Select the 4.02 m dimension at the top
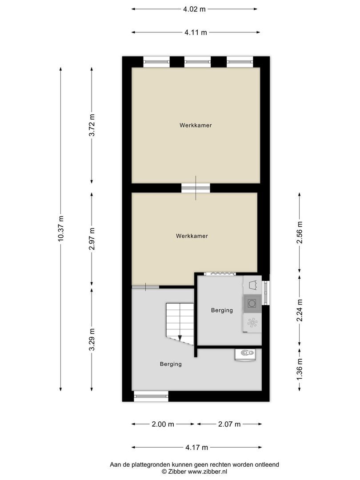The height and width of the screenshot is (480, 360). point(195,9)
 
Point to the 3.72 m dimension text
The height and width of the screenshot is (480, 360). point(92,125)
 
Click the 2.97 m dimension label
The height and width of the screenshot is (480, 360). point(92,239)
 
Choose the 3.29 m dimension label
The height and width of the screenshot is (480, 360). point(92,340)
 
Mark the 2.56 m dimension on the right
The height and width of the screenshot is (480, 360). point(300,232)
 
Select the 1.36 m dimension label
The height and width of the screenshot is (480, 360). point(300,369)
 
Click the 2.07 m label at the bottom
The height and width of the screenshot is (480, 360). point(229,424)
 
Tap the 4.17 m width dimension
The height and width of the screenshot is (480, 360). point(196,448)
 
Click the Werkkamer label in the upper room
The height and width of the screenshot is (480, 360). point(196,125)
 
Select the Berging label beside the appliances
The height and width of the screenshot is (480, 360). point(222,311)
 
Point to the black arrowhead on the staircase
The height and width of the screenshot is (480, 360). point(180,338)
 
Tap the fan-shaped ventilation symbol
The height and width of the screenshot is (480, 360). point(252,323)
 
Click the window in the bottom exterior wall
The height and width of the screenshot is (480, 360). point(151,396)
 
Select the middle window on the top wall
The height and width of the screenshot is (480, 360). point(197,62)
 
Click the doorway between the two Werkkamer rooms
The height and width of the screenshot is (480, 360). point(196,188)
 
